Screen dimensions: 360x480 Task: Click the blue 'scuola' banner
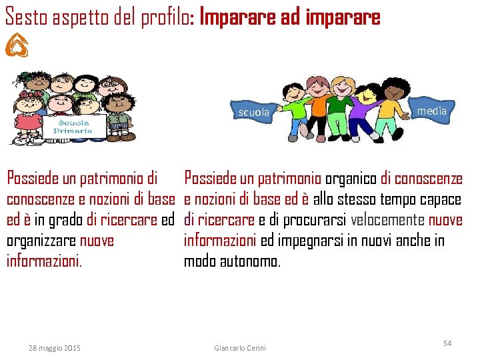point(254,113)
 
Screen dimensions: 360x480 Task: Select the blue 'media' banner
point(431,111)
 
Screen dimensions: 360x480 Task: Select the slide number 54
point(447,343)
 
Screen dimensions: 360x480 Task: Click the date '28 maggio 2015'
point(55,348)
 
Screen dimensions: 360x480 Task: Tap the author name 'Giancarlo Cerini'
point(240,348)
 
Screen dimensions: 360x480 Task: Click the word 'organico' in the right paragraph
point(351,179)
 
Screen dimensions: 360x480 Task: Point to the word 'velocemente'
point(387,220)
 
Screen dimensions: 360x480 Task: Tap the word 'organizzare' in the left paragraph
point(41,241)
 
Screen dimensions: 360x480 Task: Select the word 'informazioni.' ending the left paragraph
point(44,261)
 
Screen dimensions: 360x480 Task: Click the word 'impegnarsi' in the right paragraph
point(313,241)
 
